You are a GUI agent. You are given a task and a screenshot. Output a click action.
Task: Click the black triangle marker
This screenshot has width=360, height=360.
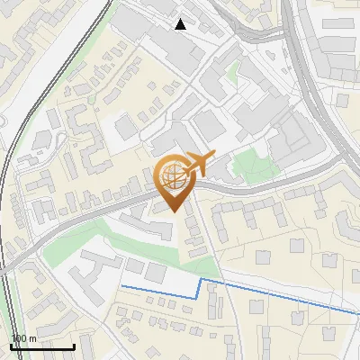click(x=181, y=24)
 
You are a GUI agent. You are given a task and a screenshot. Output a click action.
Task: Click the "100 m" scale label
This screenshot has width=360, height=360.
click(x=22, y=338)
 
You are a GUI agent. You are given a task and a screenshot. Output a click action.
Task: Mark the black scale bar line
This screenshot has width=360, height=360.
click(x=41, y=346)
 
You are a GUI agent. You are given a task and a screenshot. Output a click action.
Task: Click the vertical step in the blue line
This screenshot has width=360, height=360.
click(x=200, y=290)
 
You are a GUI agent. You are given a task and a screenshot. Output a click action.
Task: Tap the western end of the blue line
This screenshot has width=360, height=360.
click(x=122, y=286)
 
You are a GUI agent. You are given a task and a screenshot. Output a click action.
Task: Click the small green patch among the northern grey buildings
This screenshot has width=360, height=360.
click(x=233, y=71)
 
